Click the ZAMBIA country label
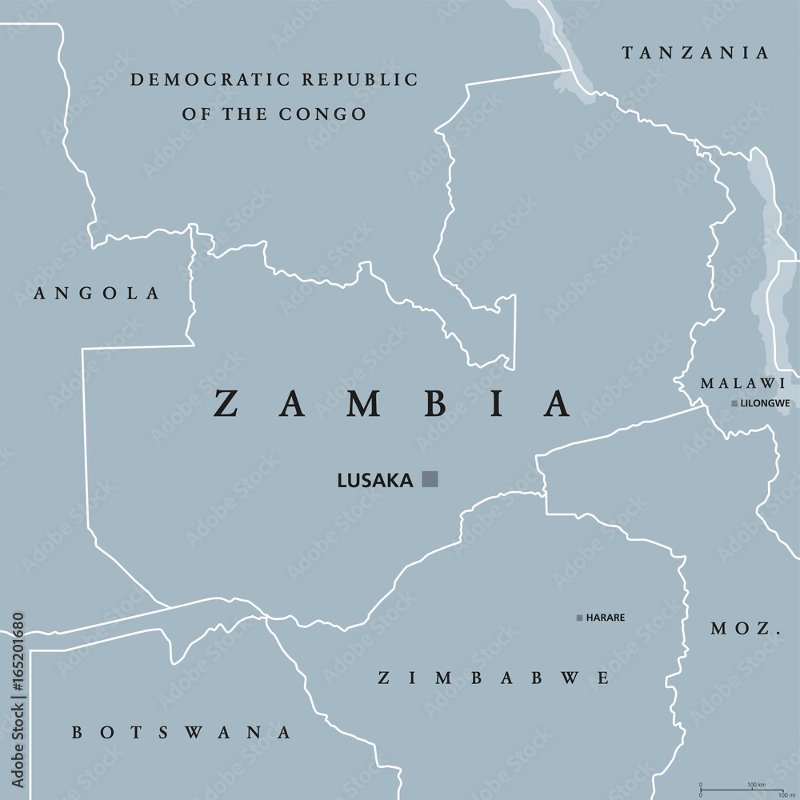click(391, 404)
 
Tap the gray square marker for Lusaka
click(430, 479)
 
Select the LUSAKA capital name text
click(375, 481)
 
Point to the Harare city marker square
click(579, 618)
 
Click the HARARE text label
click(606, 618)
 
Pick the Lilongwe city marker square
click(734, 403)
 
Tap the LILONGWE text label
click(766, 403)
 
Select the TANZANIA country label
click(696, 54)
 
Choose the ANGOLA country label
click(97, 294)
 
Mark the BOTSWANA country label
click(182, 732)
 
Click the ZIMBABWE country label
click(494, 678)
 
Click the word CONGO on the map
click(324, 114)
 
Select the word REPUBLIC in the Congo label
click(360, 80)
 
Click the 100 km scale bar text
click(757, 785)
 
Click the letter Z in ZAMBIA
click(226, 404)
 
